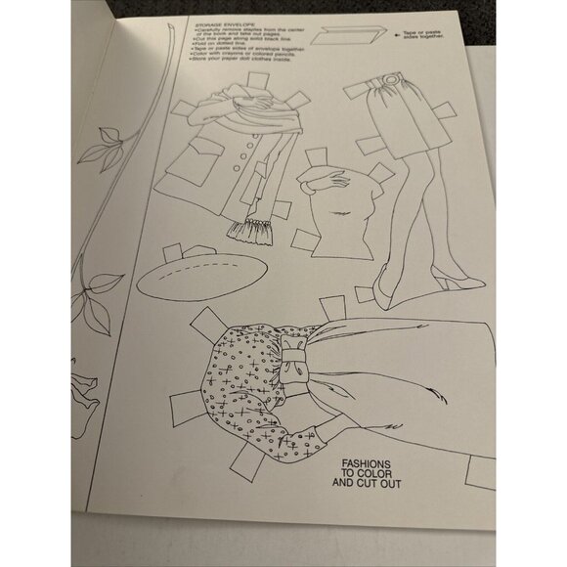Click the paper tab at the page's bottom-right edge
click(x=485, y=471)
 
